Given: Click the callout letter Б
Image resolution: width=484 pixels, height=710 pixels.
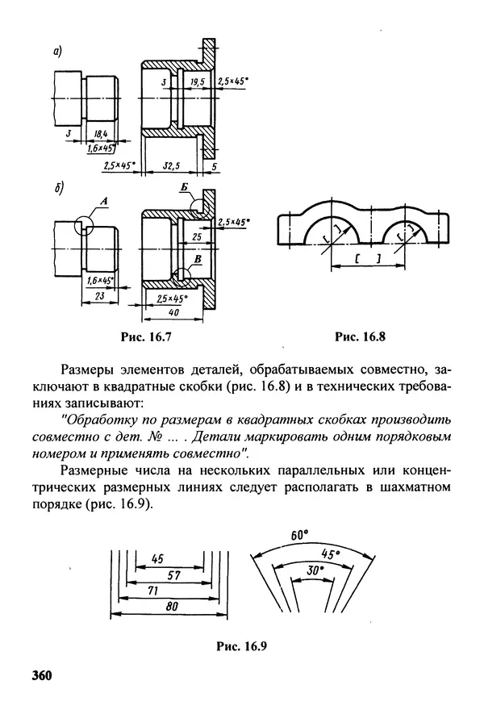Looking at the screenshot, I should [185, 188].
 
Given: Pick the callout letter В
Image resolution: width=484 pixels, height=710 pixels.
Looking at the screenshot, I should [198, 259].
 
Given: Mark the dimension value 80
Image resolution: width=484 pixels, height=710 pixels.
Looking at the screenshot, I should [171, 608].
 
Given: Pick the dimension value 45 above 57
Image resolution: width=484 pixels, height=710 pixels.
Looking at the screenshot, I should [158, 558].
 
